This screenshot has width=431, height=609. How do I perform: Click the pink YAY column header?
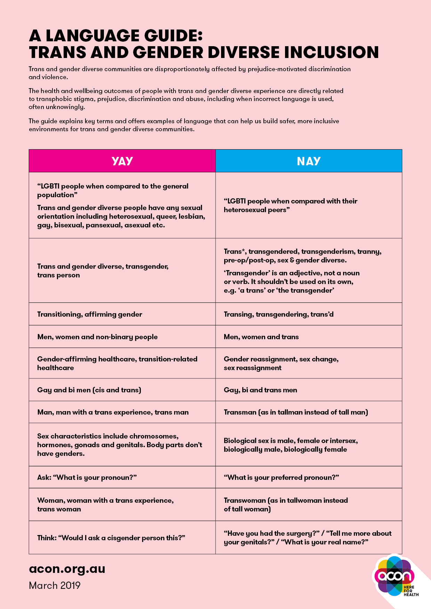coord(122,161)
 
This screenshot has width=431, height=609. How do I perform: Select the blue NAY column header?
coord(309,161)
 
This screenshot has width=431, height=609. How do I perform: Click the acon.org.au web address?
coord(67,569)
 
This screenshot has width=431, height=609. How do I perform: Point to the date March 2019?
coord(55,585)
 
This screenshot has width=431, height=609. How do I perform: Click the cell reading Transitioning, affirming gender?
coord(90,314)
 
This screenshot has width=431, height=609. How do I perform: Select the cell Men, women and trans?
coord(261,337)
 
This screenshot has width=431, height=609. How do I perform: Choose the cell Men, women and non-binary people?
coord(97,337)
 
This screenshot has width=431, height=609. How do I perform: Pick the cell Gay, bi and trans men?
coord(260,390)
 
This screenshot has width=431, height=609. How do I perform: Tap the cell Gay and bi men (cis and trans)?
coord(89,390)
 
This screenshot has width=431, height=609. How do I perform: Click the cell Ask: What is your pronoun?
coord(87,477)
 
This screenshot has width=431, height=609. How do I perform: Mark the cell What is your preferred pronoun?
coord(281,477)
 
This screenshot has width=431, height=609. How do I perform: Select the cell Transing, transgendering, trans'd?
coord(278,314)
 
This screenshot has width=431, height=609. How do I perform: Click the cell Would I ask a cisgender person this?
coord(111,538)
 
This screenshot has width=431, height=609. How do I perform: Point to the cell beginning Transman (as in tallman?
coord(296,412)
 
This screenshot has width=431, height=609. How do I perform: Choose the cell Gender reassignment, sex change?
coord(281,363)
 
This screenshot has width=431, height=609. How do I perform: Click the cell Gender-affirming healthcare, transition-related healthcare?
coord(117,363)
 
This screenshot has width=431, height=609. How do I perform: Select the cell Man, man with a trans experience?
coord(113,412)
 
